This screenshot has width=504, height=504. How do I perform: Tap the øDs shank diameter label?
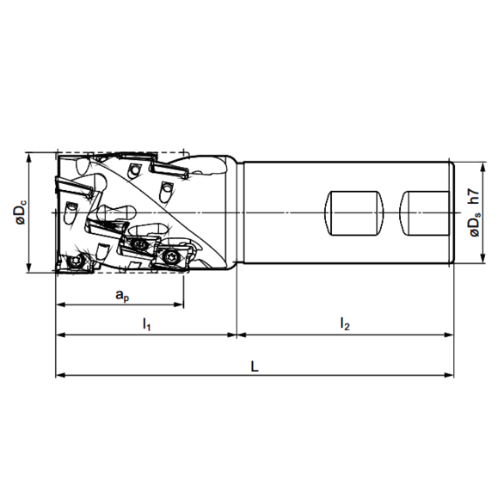tap(474, 225)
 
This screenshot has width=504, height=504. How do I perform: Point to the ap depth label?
tap(122, 295)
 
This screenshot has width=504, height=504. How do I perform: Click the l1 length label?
tap(146, 324)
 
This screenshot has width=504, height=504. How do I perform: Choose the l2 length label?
tap(345, 324)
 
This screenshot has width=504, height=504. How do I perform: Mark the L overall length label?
tap(255, 366)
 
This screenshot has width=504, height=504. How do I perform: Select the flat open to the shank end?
tap(428, 212)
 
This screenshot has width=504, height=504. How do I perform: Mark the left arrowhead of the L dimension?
tap(61, 375)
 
